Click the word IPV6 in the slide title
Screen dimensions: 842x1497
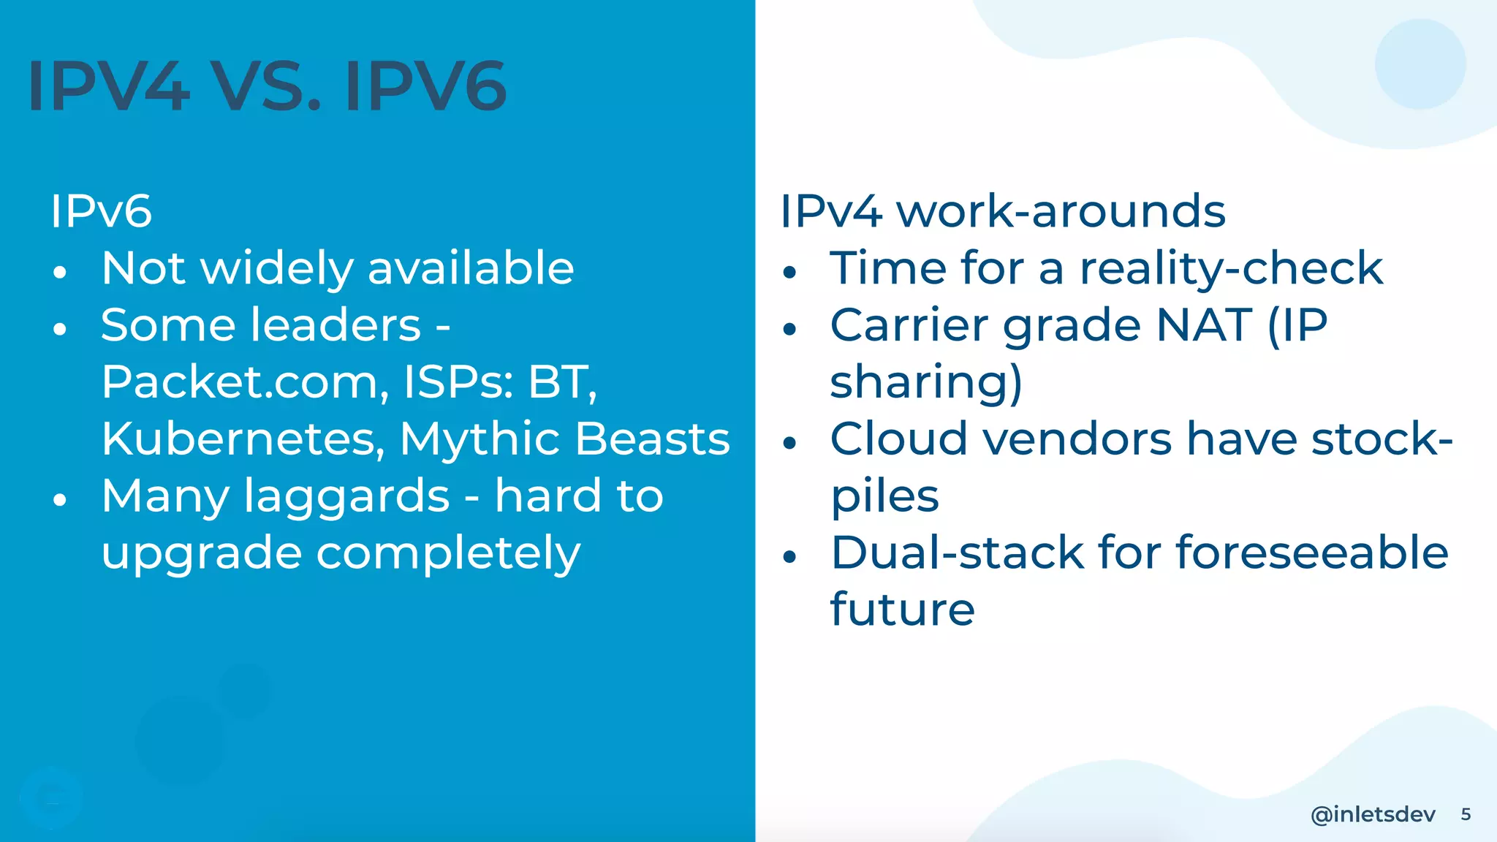pyautogui.click(x=425, y=86)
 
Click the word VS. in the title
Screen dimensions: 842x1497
pyautogui.click(x=266, y=86)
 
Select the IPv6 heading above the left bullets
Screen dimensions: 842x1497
pyautogui.click(x=101, y=211)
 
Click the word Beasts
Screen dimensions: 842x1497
pyautogui.click(x=652, y=439)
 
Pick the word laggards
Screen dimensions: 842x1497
pyautogui.click(x=346, y=496)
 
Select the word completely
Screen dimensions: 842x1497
pyautogui.click(x=448, y=553)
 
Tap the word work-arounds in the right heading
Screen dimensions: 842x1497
pyautogui.click(x=1061, y=211)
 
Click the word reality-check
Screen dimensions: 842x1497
pyautogui.click(x=1231, y=268)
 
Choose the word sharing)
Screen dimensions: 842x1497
pyautogui.click(x=926, y=382)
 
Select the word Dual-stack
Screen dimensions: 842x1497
pyautogui.click(x=958, y=553)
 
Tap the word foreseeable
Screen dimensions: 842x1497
pyautogui.click(x=1312, y=553)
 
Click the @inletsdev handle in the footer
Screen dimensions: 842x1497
pyautogui.click(x=1373, y=814)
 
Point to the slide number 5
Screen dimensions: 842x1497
pyautogui.click(x=1466, y=814)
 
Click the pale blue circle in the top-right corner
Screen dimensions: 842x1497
pyautogui.click(x=1420, y=64)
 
